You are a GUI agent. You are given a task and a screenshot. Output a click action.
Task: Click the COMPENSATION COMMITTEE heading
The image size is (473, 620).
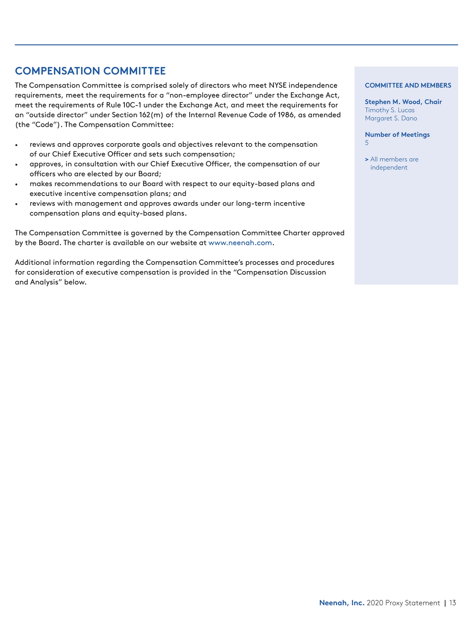pos(90,71)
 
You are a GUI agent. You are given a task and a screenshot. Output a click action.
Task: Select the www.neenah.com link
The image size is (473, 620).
pos(240,243)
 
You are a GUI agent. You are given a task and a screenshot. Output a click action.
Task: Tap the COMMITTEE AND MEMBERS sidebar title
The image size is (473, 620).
pos(408,85)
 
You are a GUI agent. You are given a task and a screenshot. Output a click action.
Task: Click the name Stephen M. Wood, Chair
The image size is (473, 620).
pos(403,102)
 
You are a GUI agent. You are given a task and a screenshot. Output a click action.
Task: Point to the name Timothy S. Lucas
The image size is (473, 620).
pos(389,110)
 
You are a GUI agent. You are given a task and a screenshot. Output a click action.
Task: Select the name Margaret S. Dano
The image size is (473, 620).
pos(391,118)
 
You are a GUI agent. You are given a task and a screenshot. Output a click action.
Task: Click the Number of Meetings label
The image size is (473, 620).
pos(397,135)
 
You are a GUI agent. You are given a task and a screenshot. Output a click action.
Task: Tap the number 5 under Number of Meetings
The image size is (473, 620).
pos(367,143)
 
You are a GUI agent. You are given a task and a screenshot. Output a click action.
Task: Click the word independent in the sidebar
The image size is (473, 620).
pos(389,168)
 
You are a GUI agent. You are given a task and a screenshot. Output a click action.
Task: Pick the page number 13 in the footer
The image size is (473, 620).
pos(452,603)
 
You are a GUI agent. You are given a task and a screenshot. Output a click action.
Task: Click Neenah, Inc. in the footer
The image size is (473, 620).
pos(342,603)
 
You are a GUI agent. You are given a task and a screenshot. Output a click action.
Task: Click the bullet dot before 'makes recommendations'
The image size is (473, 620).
pos(17,184)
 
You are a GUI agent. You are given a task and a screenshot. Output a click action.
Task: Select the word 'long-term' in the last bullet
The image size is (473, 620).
pos(253,204)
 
